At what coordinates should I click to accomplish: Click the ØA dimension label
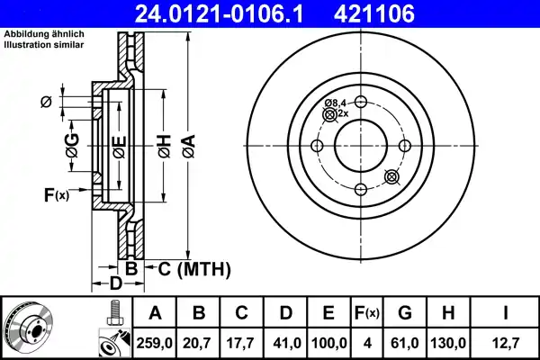[188, 145]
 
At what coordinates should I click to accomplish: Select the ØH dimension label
[163, 145]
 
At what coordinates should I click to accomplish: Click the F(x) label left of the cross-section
[56, 194]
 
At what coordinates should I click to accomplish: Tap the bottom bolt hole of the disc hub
[360, 189]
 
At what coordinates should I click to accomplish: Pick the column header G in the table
[404, 313]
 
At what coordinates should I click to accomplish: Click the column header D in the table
[286, 313]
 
